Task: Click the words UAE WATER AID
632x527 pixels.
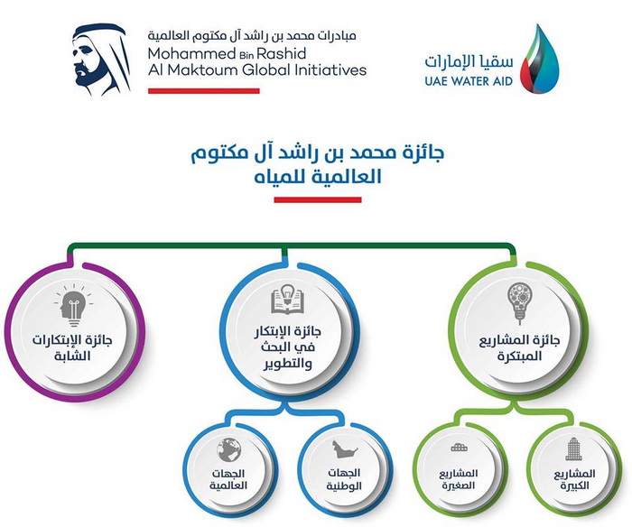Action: pos(469,81)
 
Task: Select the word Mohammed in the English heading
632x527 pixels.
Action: pos(191,53)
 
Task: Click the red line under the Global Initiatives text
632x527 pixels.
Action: pos(204,91)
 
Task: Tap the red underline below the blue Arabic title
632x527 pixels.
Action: pos(318,199)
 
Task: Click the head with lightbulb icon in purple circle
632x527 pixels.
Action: pos(74,306)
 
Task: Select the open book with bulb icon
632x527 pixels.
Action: pos(287,299)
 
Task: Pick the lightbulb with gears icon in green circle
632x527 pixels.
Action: pos(520,302)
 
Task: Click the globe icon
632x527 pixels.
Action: pos(229,449)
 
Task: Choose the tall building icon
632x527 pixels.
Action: pos(572,448)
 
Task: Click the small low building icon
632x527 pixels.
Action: pos(460,448)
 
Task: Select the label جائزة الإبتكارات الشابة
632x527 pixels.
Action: pos(72,348)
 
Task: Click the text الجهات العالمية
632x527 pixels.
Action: pos(228,479)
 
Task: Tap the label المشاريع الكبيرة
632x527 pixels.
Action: pos(574,480)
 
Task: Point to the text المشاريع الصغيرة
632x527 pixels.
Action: pos(458,479)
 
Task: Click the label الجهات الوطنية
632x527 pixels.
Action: pos(344,479)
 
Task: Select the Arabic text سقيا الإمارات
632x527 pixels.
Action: pos(469,60)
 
